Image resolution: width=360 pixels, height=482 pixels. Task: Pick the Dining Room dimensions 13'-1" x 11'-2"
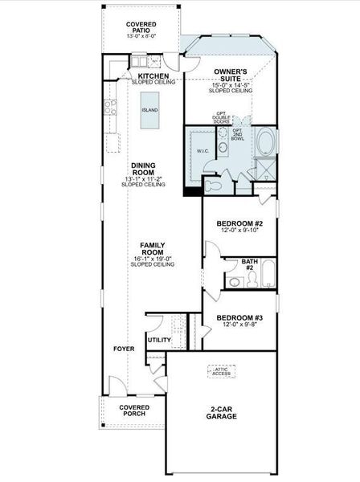[143, 178]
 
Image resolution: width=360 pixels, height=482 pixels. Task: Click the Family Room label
[153, 248]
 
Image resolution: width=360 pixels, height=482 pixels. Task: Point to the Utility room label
[159, 341]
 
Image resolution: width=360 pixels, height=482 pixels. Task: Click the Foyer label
[123, 349]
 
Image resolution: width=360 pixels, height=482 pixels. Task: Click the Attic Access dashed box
[222, 371]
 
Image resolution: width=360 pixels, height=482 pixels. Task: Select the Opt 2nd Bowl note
[238, 134]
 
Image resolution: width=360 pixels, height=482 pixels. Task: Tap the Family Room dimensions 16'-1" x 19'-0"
[153, 259]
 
